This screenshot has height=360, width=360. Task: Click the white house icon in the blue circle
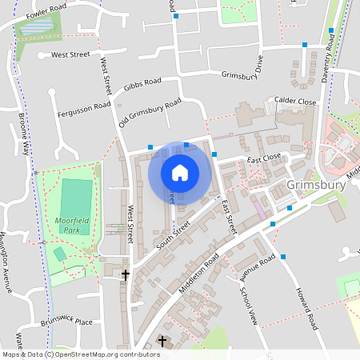pyautogui.click(x=180, y=172)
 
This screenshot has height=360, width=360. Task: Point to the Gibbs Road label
pyautogui.click(x=142, y=85)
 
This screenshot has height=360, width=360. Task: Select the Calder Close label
pyautogui.click(x=295, y=102)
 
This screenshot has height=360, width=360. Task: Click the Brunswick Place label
pyautogui.click(x=66, y=323)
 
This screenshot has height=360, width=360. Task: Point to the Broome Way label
pyautogui.click(x=27, y=134)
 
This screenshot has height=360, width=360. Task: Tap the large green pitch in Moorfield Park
pyautogui.click(x=77, y=195)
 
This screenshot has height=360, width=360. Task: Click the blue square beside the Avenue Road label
pyautogui.click(x=282, y=257)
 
